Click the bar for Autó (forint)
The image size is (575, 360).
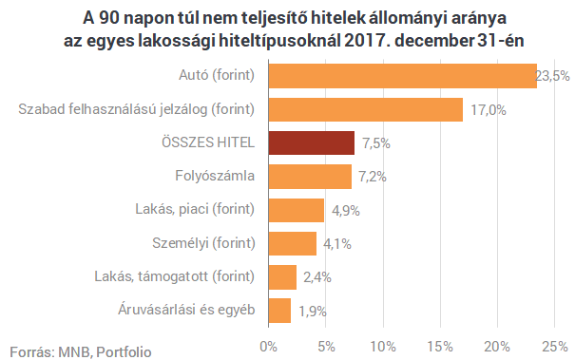[x=402, y=76]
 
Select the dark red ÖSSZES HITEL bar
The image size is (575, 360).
[x=311, y=142]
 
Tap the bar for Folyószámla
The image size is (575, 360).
[x=310, y=177]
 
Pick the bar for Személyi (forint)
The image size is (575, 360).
[x=292, y=243]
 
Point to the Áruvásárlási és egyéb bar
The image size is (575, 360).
[x=279, y=310]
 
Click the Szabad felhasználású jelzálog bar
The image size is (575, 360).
[x=365, y=109]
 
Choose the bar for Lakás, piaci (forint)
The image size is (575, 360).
[x=297, y=210]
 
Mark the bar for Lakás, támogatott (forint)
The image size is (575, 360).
[x=282, y=276]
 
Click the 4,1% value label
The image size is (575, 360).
[x=337, y=244]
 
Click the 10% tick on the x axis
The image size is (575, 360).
[x=383, y=344]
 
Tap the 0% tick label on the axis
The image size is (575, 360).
[x=269, y=344]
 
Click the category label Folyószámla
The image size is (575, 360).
[x=216, y=177]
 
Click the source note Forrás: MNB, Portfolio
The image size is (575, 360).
[x=81, y=351]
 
